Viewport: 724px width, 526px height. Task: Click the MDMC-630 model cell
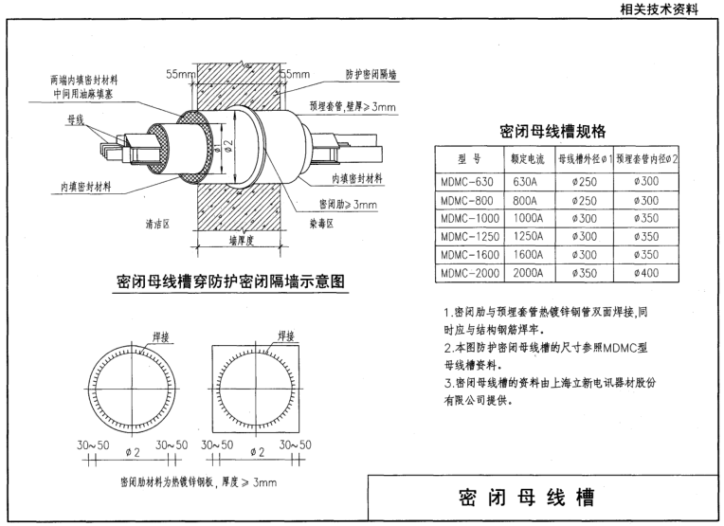[467, 181]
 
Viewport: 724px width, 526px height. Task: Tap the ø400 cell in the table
[650, 272]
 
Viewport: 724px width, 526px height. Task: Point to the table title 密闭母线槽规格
[552, 131]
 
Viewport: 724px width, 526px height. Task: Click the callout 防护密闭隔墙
[371, 74]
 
